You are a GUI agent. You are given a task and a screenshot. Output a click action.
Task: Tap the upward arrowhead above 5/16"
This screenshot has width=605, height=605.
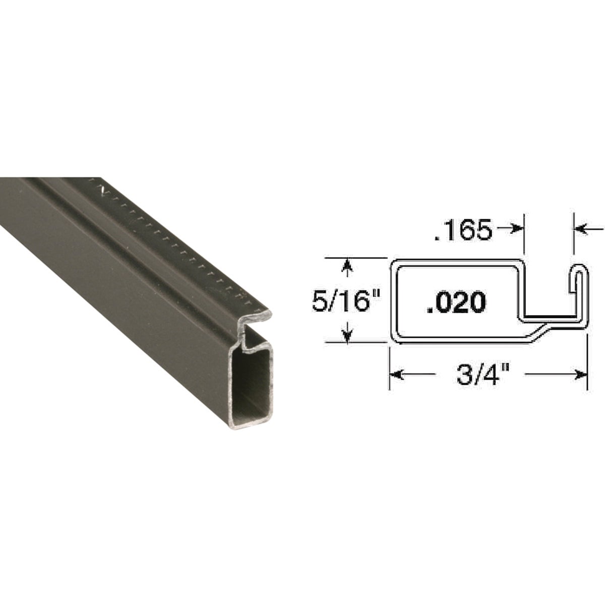click(346, 266)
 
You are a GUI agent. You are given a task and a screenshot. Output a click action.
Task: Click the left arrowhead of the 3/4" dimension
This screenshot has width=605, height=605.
click(396, 375)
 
